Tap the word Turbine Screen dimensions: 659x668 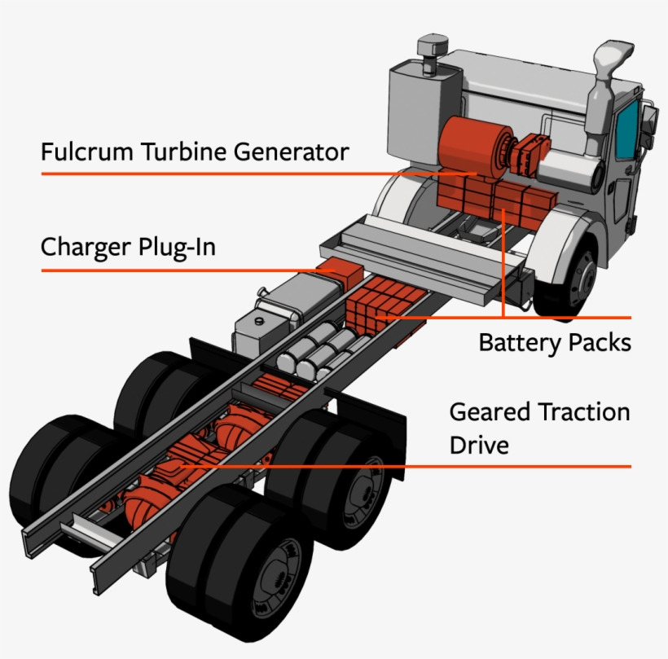tap(173, 152)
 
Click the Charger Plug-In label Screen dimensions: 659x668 tap(128, 247)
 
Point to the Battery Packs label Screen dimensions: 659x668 tap(554, 342)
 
